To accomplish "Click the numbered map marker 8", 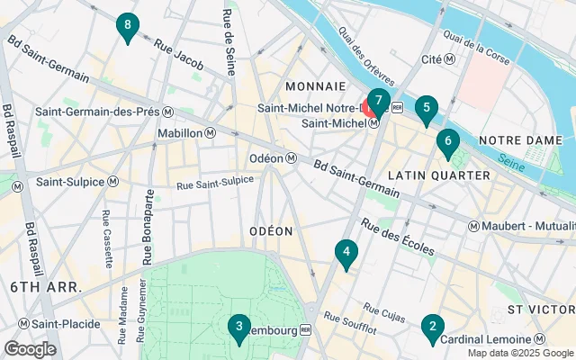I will (x=128, y=27).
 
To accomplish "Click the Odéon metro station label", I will (x=274, y=158).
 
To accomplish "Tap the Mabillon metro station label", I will (x=186, y=133).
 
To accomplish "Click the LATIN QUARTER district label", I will (x=439, y=175).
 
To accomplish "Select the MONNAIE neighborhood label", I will (x=315, y=86).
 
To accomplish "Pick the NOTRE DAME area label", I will (x=520, y=140).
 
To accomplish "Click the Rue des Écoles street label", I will (x=398, y=236).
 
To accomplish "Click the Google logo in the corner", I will (x=30, y=349).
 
